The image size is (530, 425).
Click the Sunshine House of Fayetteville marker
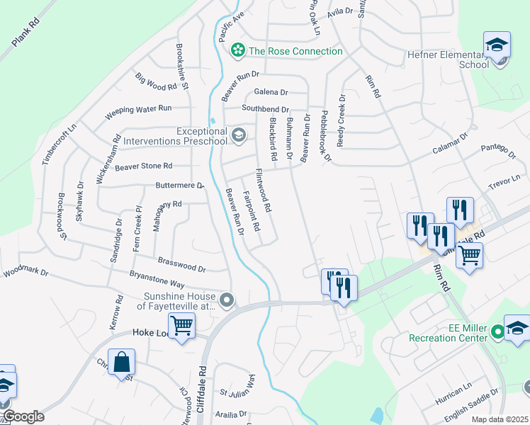pyautogui.click(x=227, y=301)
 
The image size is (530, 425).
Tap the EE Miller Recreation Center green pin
pyautogui.click(x=497, y=331)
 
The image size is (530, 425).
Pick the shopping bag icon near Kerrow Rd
pyautogui.click(x=122, y=362)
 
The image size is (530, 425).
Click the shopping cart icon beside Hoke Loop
pyautogui.click(x=182, y=326)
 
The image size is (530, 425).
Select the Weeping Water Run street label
pyautogui.click(x=138, y=110)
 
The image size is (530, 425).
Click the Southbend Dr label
pyautogui.click(x=265, y=109)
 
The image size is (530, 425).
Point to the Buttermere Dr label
pyautogui.click(x=179, y=186)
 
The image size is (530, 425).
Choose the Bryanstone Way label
pyautogui.click(x=157, y=278)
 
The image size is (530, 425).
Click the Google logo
pyautogui.click(x=23, y=416)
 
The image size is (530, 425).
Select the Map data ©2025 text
pyautogui.click(x=500, y=419)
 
